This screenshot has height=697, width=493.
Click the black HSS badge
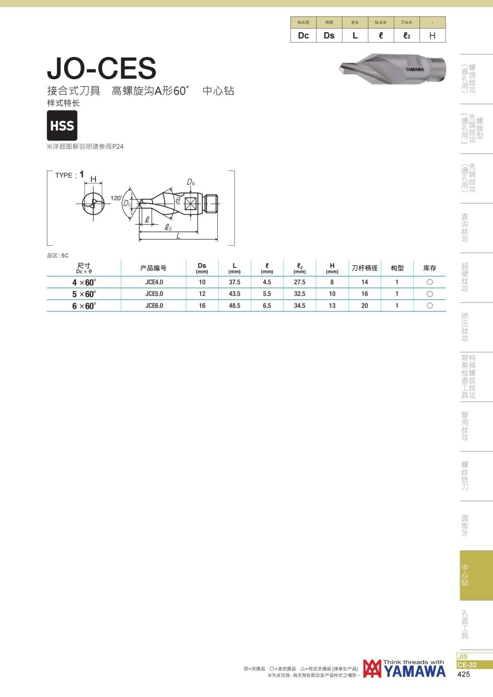62,125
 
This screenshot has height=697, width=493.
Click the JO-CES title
101,68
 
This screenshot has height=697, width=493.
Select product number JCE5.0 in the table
154,294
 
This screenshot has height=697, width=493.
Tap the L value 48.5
235,305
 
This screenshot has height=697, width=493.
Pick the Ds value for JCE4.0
202,282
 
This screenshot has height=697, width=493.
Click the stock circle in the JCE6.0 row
430,305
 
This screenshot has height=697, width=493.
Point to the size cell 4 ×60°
84,282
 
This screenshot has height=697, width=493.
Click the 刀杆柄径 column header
365,268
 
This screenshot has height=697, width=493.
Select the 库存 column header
430,268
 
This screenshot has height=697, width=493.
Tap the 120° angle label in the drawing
116,198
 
